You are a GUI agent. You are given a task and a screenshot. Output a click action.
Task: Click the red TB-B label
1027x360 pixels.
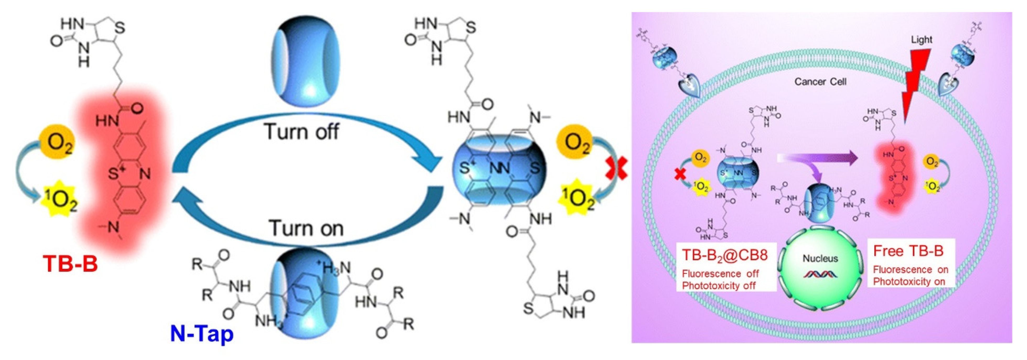(x=70, y=264)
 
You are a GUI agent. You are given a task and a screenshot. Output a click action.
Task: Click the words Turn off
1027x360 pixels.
(x=302, y=132)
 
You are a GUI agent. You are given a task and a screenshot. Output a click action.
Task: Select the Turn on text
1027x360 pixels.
(x=306, y=228)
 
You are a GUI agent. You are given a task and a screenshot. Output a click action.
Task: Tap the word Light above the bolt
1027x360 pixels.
(x=921, y=40)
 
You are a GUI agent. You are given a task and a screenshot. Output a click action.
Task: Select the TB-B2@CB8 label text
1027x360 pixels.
(x=725, y=255)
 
